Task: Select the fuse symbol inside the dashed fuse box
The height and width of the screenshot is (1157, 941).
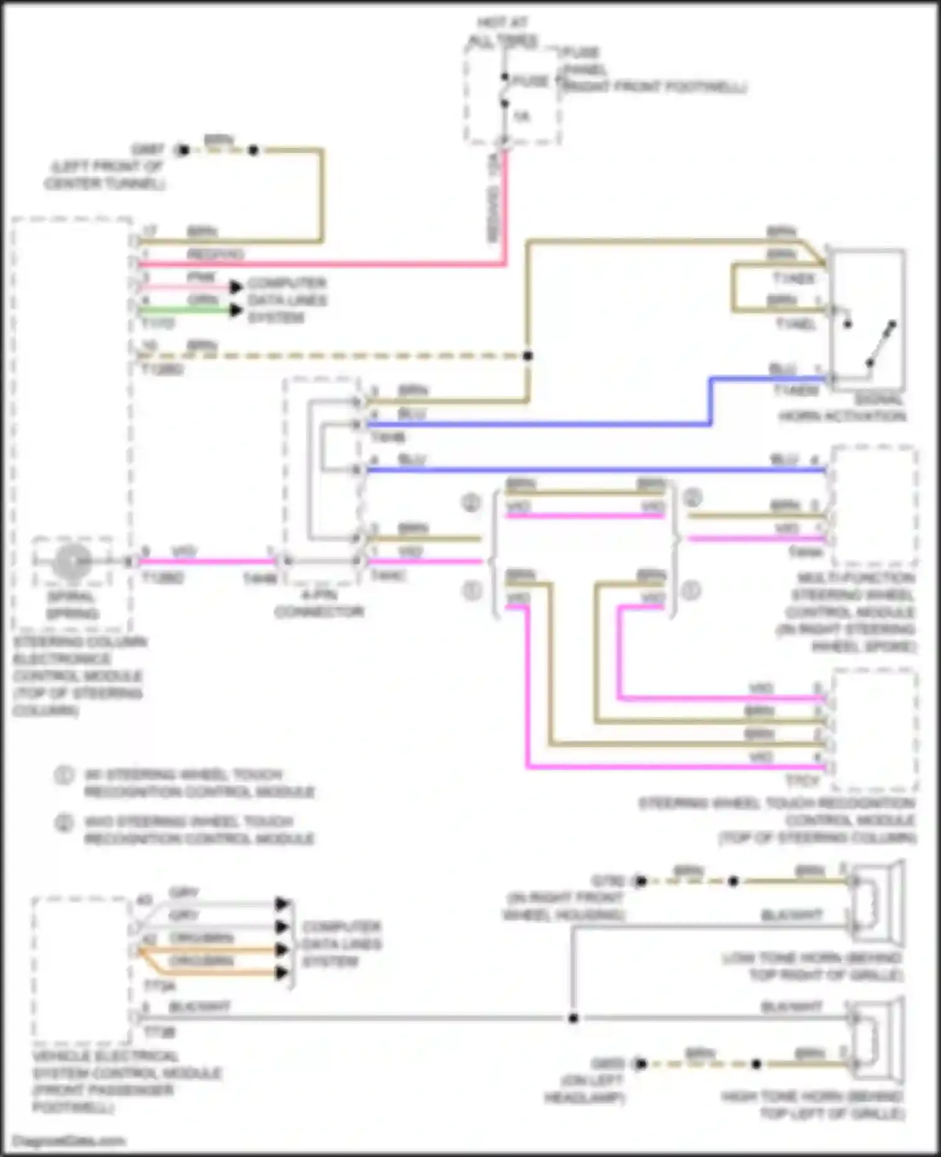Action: coord(505,91)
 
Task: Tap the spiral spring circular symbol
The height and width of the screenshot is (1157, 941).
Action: coord(72,562)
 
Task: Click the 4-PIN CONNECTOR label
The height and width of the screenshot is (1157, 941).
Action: coord(319,604)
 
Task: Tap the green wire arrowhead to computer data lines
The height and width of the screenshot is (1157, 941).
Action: coord(236,310)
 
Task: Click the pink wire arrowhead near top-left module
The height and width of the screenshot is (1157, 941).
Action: coord(236,287)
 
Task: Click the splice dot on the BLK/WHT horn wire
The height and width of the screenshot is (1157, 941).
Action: coord(573,1018)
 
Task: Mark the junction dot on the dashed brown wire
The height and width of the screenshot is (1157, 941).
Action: coord(528,356)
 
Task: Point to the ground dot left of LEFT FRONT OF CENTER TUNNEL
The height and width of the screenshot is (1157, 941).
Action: coord(183,150)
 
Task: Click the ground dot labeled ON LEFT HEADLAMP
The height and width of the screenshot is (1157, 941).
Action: coord(641,1064)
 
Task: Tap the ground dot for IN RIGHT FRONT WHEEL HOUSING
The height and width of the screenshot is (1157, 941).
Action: coord(641,881)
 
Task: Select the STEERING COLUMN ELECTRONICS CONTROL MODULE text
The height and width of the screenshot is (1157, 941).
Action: coord(78,676)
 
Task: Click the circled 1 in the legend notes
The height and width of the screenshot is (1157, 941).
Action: coord(63,776)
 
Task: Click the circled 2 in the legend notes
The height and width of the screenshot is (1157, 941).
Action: coord(63,823)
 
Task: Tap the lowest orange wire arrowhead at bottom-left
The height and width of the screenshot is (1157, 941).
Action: coord(282,973)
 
